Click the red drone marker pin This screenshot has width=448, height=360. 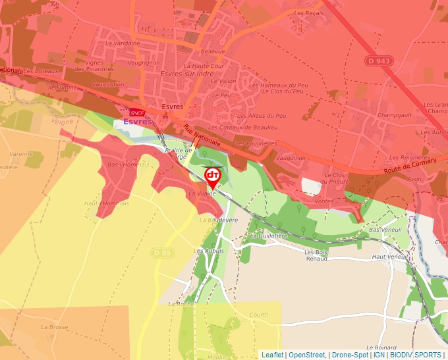tap(213, 176)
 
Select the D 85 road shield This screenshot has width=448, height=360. tap(161, 252)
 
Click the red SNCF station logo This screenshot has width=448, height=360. tap(137, 113)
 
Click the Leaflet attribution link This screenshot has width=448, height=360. tap(272, 355)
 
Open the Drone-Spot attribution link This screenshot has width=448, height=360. tap(350, 355)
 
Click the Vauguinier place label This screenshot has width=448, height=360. tap(291, 158)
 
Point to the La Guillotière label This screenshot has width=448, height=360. tap(269, 235)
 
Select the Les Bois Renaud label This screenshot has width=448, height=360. tap(321, 255)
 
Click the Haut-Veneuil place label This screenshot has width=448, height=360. tap(389, 257)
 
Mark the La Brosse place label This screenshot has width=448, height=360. tap(54, 326)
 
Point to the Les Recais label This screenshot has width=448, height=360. tap(309, 13)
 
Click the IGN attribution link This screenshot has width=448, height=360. tap(379, 355)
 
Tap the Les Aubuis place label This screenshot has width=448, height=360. tap(210, 251)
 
